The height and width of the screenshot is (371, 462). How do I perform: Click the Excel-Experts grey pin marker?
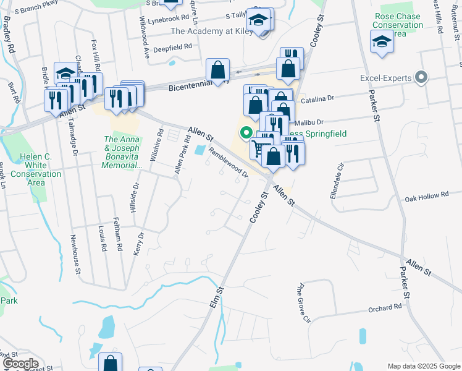[422, 78]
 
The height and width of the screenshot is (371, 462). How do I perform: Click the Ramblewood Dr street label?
[228, 162]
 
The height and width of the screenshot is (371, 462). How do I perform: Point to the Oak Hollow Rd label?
[426, 196]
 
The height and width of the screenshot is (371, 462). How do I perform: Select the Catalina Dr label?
[316, 98]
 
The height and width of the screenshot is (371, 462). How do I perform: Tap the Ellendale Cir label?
[340, 176]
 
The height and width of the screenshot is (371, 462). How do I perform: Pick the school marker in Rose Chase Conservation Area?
[382, 42]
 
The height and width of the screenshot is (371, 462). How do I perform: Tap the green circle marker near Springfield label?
[245, 132]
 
